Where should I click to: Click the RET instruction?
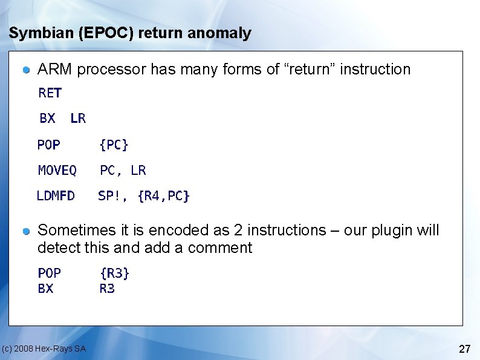(50, 93)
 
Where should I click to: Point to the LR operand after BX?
(78, 119)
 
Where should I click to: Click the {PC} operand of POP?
(114, 145)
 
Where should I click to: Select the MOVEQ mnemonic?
(57, 171)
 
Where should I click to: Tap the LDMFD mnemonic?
(56, 196)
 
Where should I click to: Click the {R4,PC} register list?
(164, 196)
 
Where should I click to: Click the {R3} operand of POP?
(115, 273)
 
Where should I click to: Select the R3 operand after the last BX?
(107, 289)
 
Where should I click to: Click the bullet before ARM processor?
(27, 71)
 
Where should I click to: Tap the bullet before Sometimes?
(27, 232)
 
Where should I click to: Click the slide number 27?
(465, 349)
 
